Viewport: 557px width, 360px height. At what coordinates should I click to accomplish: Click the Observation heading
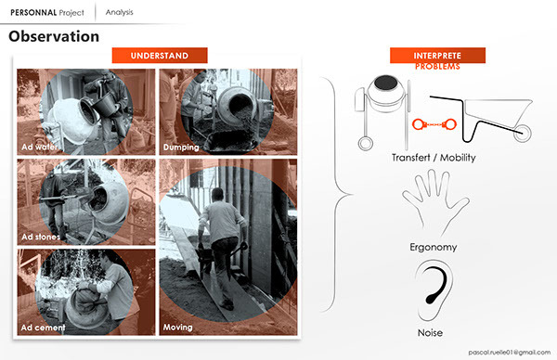54,37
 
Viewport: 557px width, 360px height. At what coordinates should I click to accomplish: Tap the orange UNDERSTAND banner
163,56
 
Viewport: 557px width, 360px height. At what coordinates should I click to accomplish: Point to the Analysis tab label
119,12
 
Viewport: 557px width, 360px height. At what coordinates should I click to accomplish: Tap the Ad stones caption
45,237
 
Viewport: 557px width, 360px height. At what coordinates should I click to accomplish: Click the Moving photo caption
178,327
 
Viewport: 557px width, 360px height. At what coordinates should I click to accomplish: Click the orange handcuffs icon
433,121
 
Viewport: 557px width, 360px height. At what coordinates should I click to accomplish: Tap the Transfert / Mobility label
434,158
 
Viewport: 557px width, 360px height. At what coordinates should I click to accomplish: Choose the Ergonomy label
434,248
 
